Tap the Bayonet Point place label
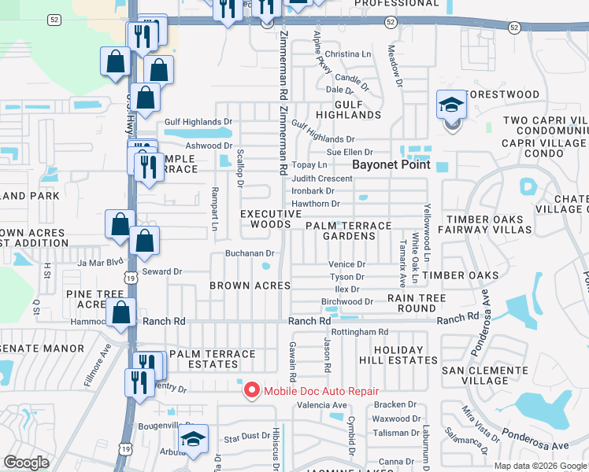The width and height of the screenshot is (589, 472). [391, 165]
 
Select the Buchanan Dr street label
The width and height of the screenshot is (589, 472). [250, 253]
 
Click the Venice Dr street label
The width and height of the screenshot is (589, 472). [347, 265]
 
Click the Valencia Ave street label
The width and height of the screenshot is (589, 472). [321, 406]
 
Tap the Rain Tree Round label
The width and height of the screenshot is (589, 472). [417, 304]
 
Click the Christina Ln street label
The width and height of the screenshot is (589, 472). [347, 54]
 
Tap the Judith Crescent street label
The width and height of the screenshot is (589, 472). [322, 179]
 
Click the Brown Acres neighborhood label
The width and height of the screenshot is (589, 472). [250, 285]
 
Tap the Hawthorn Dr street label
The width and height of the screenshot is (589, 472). [315, 204]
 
